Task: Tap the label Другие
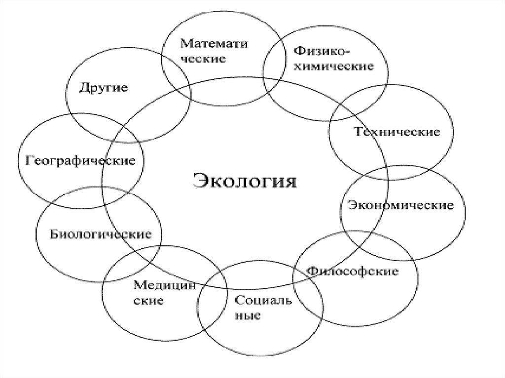coord(104,88)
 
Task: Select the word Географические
coord(80,161)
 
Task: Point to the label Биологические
coord(101,234)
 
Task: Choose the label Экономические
coord(400,205)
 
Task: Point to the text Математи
coord(213,43)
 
